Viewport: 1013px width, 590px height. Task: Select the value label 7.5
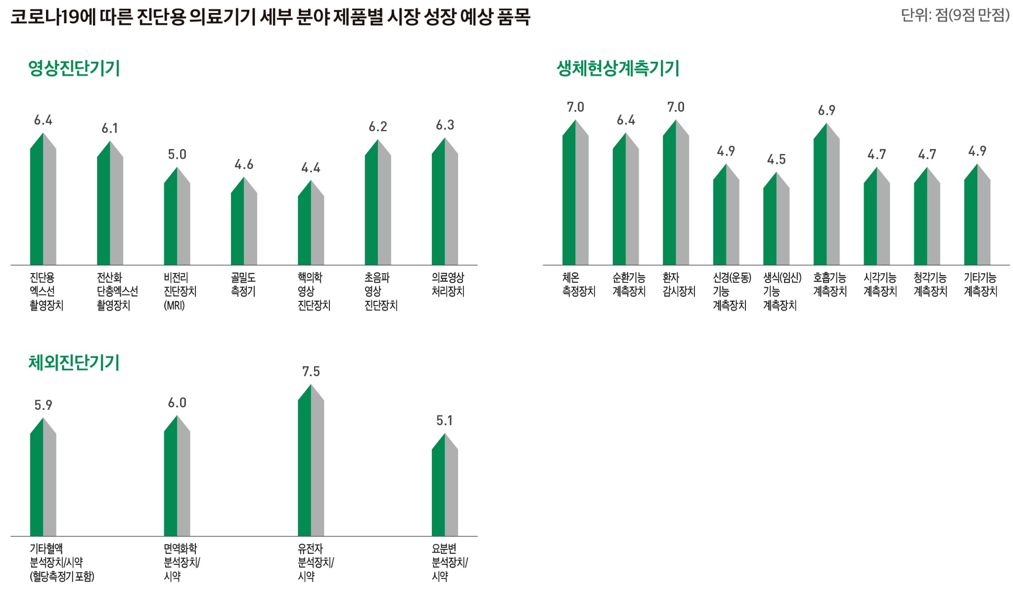311,371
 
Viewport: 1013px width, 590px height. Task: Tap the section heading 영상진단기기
74,68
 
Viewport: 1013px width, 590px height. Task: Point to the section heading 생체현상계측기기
618,68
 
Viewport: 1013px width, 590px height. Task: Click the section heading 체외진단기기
74,363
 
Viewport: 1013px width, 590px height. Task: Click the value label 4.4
311,168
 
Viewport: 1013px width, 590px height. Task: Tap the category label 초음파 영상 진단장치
380,291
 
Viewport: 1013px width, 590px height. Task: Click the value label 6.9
826,110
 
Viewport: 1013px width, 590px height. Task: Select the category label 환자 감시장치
679,285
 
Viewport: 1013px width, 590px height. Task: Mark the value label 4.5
776,159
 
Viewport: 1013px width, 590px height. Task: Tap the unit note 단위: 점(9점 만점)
955,15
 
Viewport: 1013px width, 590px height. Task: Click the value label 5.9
43,405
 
